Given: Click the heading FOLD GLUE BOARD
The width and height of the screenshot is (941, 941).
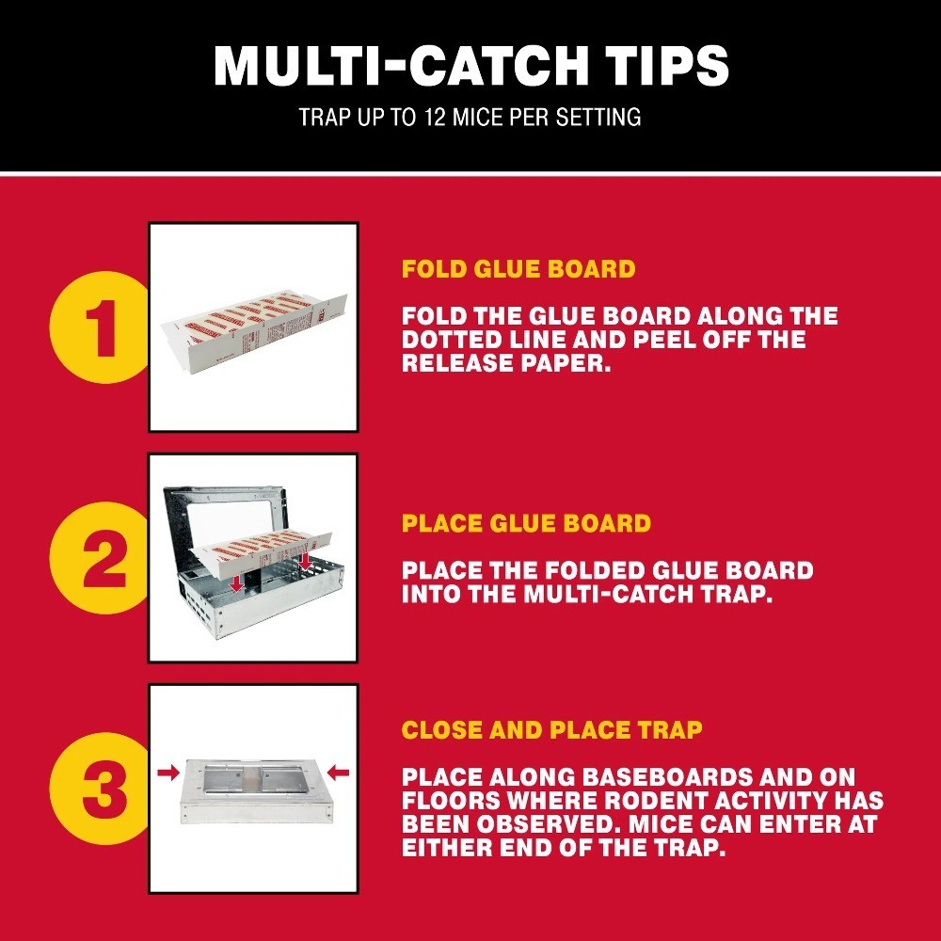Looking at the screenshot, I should (x=518, y=269).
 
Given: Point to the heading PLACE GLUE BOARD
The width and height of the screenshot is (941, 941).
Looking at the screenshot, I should (x=526, y=523).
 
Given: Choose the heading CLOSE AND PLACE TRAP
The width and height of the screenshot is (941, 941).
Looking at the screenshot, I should (x=551, y=730).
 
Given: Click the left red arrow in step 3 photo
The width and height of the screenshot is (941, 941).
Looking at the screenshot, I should (x=170, y=773).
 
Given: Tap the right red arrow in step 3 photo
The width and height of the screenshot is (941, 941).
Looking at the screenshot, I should (x=337, y=773).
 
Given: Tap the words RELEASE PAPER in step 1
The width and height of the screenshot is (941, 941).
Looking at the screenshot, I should (x=506, y=363).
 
